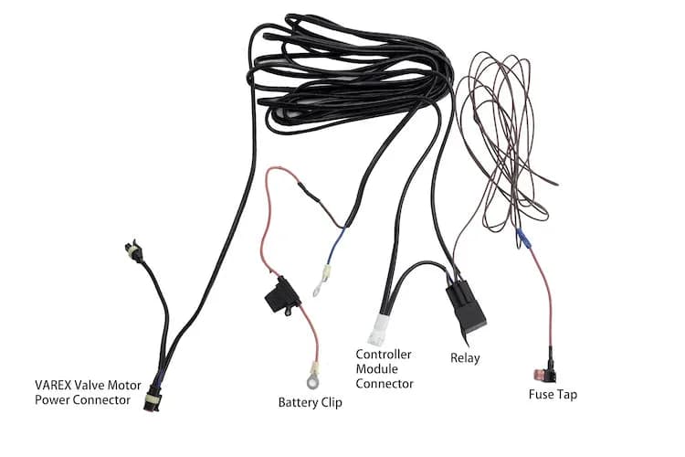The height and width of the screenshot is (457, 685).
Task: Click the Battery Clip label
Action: (310, 401)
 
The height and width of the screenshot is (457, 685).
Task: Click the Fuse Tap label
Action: (553, 395)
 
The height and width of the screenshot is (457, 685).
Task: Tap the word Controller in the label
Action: (384, 354)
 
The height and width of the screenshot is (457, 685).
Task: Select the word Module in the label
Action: (376, 368)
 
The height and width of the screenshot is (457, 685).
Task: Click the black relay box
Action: (466, 306)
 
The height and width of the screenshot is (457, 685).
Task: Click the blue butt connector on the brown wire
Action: (523, 239)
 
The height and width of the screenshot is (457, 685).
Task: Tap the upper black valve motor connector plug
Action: (133, 250)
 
